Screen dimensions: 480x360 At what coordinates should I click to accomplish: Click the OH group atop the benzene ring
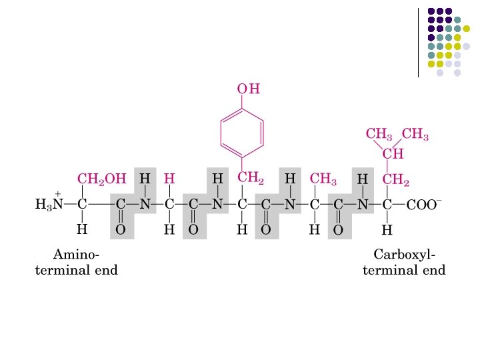248,89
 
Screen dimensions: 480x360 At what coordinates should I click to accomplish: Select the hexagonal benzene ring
242,131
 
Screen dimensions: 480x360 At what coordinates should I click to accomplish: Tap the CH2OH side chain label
101,179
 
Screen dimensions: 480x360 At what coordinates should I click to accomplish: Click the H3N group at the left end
49,205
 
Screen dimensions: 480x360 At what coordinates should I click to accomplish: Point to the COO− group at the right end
423,205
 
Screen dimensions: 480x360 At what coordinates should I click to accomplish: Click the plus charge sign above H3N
58,193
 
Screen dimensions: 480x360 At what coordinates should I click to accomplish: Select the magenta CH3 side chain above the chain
323,179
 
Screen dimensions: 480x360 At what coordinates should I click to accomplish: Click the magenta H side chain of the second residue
169,179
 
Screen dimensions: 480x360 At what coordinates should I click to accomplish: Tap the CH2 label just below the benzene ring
251,177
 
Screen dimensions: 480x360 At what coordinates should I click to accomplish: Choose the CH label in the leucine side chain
393,155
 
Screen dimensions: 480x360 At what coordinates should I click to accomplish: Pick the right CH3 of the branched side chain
416,134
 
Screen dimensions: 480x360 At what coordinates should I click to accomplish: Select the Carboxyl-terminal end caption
404,263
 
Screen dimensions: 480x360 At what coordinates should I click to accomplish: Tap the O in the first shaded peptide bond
121,229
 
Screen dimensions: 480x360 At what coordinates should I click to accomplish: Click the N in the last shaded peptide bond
362,205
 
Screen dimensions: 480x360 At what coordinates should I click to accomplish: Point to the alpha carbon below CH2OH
82,205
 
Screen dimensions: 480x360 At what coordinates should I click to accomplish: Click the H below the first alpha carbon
82,229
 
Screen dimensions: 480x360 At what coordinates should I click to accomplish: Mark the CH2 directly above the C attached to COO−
395,179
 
